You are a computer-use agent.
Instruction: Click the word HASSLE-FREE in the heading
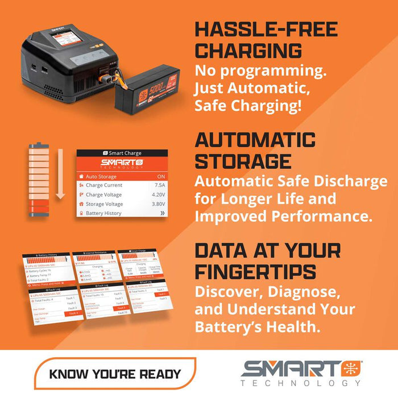point(266,30)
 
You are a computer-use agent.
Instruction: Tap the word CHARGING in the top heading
point(248,51)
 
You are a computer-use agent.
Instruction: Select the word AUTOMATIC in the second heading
point(255,140)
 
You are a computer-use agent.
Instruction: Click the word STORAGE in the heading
point(240,161)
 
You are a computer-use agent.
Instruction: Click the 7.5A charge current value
point(160,185)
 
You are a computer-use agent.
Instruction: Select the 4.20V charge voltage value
point(158,194)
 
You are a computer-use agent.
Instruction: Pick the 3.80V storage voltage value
point(158,204)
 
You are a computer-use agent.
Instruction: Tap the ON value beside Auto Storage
point(161,176)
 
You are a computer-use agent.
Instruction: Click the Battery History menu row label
point(103,213)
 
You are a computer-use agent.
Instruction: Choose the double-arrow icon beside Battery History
point(162,213)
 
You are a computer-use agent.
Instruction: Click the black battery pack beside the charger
point(147,88)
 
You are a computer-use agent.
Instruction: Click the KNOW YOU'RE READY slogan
point(115,374)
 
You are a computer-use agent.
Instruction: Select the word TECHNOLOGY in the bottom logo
point(300,383)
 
